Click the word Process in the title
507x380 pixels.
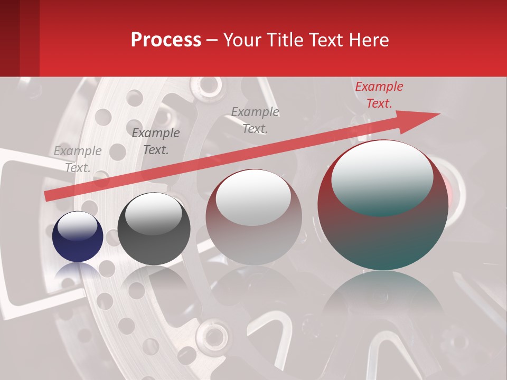coord(166,40)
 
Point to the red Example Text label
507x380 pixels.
coord(379,95)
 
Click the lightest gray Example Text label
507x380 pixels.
coord(78,159)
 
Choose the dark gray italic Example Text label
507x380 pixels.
coord(156,141)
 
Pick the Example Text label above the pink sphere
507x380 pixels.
coord(255,120)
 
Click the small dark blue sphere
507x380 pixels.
coord(78,237)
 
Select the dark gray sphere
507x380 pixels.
coord(154,230)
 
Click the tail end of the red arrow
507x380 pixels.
coord(46,196)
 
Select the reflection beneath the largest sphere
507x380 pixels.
coord(383,301)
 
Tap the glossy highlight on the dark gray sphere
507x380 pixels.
coord(153,214)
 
